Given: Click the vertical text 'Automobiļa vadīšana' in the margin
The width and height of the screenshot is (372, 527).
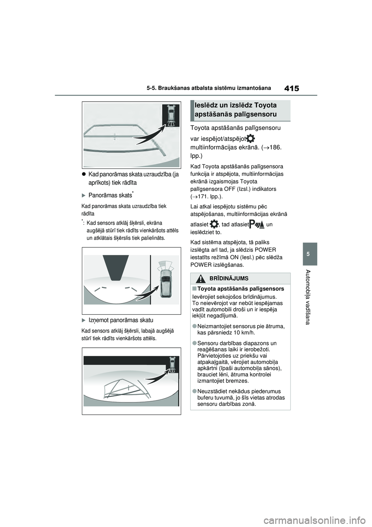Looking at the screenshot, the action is [x=308, y=296].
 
